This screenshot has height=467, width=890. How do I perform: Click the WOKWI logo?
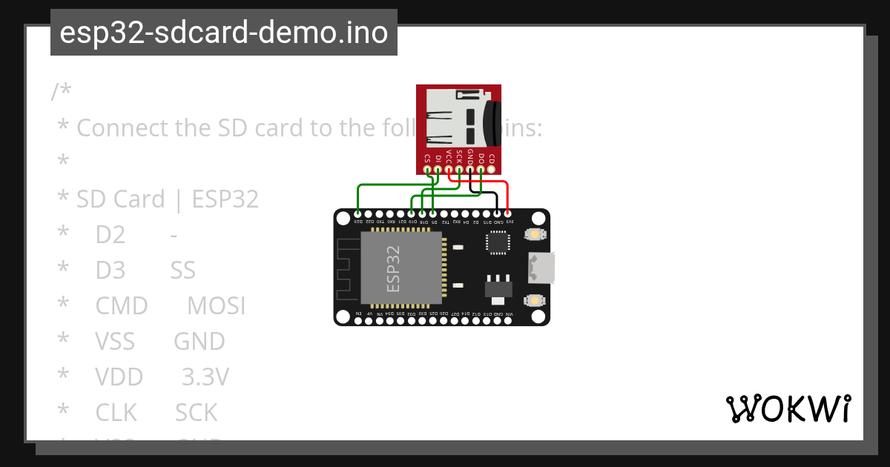pyautogui.click(x=788, y=408)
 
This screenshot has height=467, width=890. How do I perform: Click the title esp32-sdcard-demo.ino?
pyautogui.click(x=223, y=33)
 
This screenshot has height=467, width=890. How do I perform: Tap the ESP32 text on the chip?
pyautogui.click(x=394, y=268)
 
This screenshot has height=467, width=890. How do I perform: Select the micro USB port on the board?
pyautogui.click(x=541, y=268)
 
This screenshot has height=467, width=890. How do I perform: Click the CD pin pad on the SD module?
pyautogui.click(x=492, y=170)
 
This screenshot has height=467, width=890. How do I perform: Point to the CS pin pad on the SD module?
pyautogui.click(x=427, y=170)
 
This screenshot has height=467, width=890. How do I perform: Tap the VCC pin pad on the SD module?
pyautogui.click(x=449, y=170)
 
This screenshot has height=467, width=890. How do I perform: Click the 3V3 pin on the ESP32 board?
pyautogui.click(x=508, y=214)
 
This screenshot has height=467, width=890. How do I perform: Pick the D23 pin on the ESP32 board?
pyautogui.click(x=358, y=214)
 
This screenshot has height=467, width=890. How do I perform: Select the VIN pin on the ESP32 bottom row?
pyautogui.click(x=508, y=321)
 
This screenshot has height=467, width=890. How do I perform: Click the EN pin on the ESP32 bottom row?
pyautogui.click(x=359, y=321)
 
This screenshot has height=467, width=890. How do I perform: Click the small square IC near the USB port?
pyautogui.click(x=498, y=242)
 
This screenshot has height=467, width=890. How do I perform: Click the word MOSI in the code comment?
pyautogui.click(x=216, y=306)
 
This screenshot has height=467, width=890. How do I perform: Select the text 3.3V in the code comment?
pyautogui.click(x=205, y=377)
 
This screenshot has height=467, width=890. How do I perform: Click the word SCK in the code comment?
pyautogui.click(x=196, y=413)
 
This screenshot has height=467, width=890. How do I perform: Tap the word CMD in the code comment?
pyautogui.click(x=122, y=306)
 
